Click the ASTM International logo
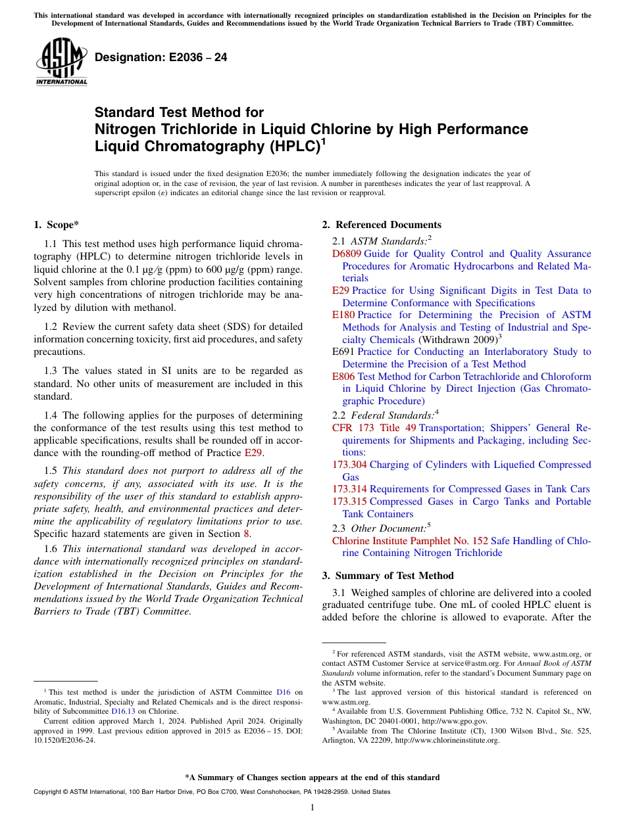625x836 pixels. [61, 62]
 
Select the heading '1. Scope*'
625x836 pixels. [56, 225]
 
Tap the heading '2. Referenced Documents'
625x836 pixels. [382, 225]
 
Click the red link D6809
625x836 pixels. [347, 254]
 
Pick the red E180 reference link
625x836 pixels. [343, 315]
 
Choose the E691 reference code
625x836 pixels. [343, 352]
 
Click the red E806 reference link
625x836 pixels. [343, 377]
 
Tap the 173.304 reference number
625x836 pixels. [349, 465]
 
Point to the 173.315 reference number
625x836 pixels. [349, 501]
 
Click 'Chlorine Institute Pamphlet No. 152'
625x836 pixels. [410, 541]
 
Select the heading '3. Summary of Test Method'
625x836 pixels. [388, 576]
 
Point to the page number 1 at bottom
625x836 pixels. [312, 807]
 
